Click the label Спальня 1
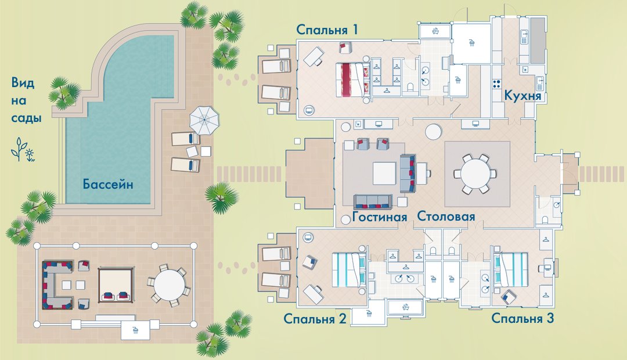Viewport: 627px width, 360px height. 327,30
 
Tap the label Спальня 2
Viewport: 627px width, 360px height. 315,319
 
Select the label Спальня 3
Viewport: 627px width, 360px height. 522,318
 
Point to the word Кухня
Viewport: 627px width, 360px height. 522,96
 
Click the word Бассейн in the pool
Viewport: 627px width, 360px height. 108,185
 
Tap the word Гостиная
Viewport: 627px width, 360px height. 380,217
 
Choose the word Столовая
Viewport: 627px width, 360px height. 446,217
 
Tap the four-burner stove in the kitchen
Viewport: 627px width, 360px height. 497,84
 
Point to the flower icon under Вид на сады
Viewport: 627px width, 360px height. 23,150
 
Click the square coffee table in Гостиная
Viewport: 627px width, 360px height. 384,173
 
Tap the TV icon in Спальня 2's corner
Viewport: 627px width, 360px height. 308,237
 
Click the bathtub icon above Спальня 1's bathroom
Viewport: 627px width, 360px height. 435,31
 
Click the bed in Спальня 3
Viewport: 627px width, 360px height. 511,269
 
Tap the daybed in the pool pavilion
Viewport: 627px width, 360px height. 116,285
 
